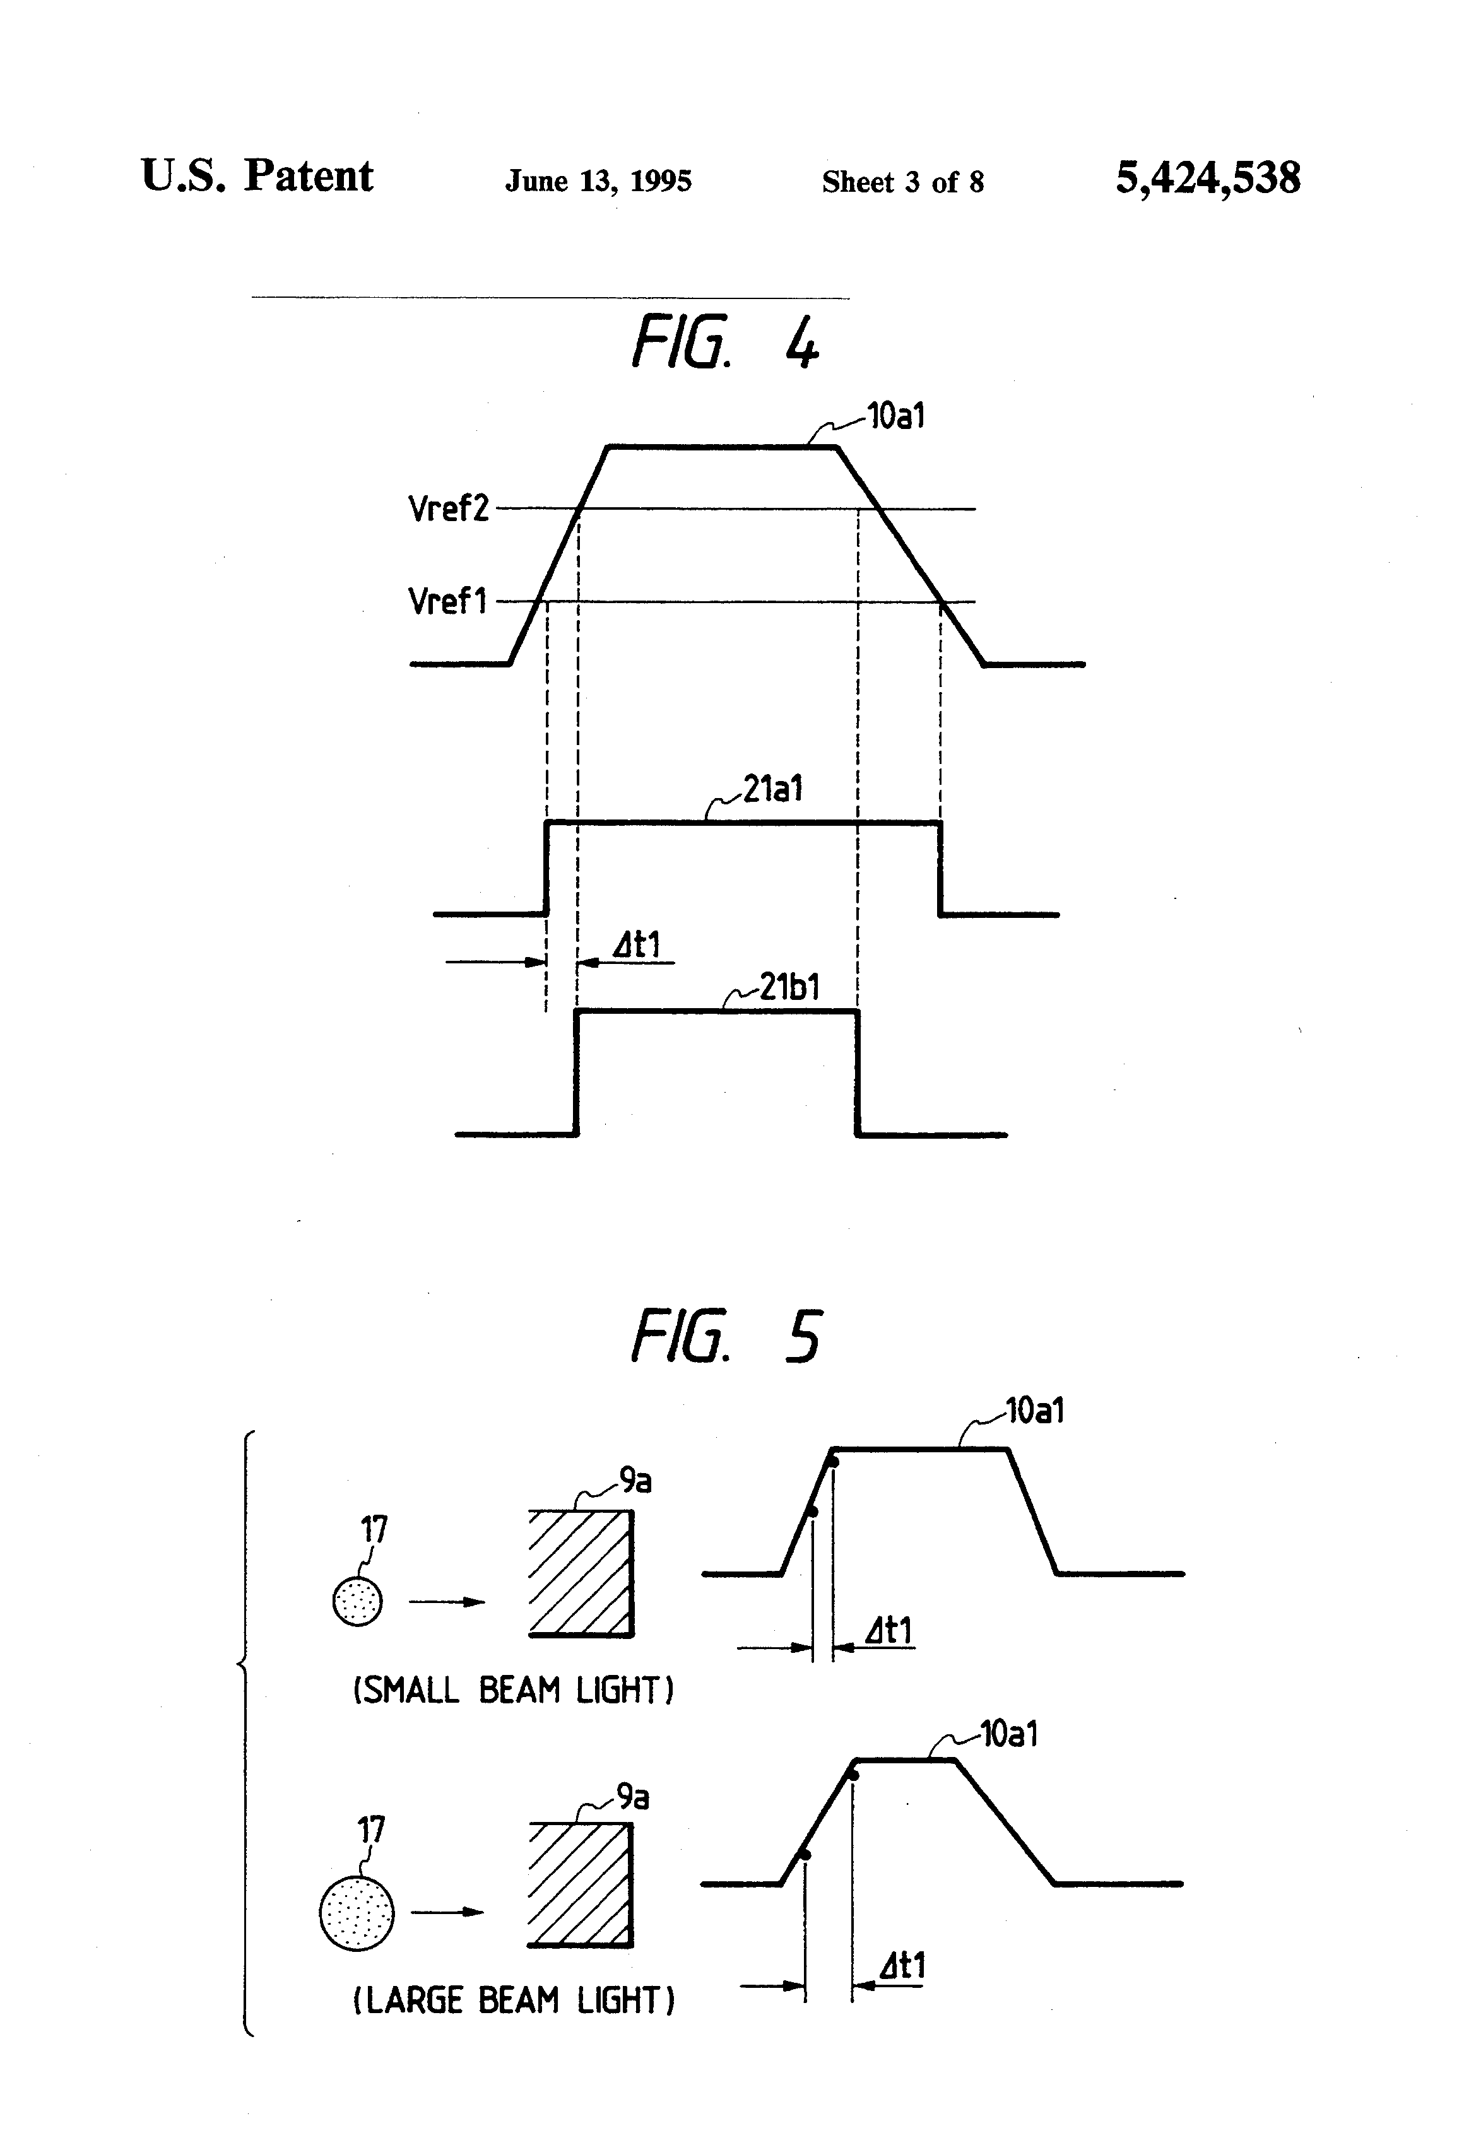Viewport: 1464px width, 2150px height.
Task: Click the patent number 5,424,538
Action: [1208, 178]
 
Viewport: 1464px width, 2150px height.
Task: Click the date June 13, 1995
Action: [598, 181]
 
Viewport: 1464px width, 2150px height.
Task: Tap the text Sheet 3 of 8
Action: [902, 181]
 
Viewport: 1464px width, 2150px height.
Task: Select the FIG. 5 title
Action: [726, 1336]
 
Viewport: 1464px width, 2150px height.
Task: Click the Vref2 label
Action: [448, 508]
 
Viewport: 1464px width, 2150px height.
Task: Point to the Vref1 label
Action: [447, 601]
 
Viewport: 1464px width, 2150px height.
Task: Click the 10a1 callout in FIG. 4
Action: [896, 416]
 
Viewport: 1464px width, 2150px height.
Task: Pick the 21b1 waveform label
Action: [789, 987]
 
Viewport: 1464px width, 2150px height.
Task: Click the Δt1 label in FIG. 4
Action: [637, 944]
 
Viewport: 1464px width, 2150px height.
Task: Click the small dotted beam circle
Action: [357, 1601]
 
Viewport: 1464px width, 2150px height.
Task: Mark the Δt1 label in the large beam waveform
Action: [900, 1965]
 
